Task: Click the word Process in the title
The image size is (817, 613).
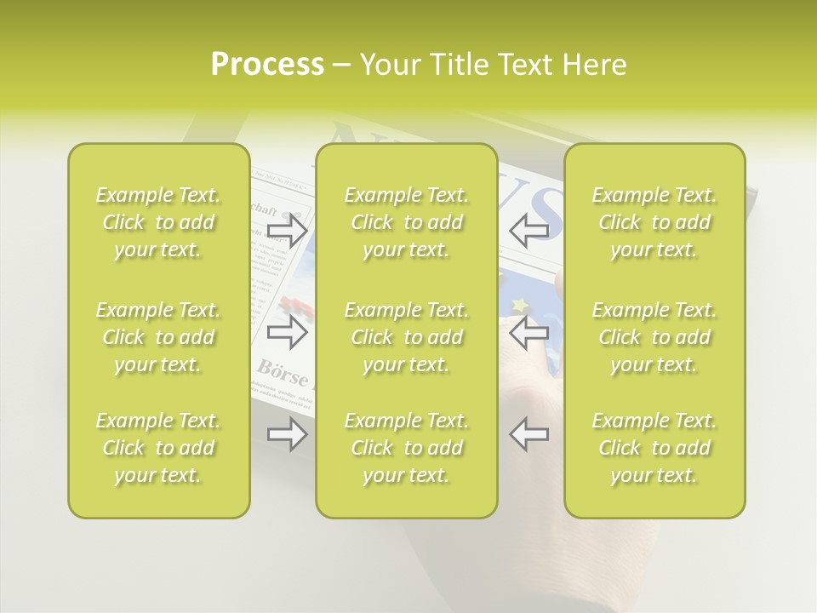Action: click(267, 65)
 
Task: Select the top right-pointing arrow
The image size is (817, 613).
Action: click(287, 230)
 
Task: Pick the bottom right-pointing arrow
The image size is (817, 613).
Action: click(287, 434)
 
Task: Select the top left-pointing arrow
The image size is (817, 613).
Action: click(528, 230)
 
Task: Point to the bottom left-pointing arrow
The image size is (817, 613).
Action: click(528, 434)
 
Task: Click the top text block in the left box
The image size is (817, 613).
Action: click(158, 222)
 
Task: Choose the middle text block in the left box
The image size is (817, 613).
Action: click(158, 337)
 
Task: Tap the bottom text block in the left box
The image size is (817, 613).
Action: click(158, 448)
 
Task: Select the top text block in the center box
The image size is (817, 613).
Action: click(406, 222)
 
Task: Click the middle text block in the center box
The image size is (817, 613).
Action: click(406, 337)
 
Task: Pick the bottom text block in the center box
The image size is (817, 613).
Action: click(406, 448)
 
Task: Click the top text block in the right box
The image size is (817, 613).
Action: click(654, 222)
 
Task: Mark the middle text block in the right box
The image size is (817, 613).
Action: click(654, 337)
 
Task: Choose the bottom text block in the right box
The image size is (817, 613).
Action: click(654, 448)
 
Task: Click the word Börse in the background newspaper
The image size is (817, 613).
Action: click(283, 369)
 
